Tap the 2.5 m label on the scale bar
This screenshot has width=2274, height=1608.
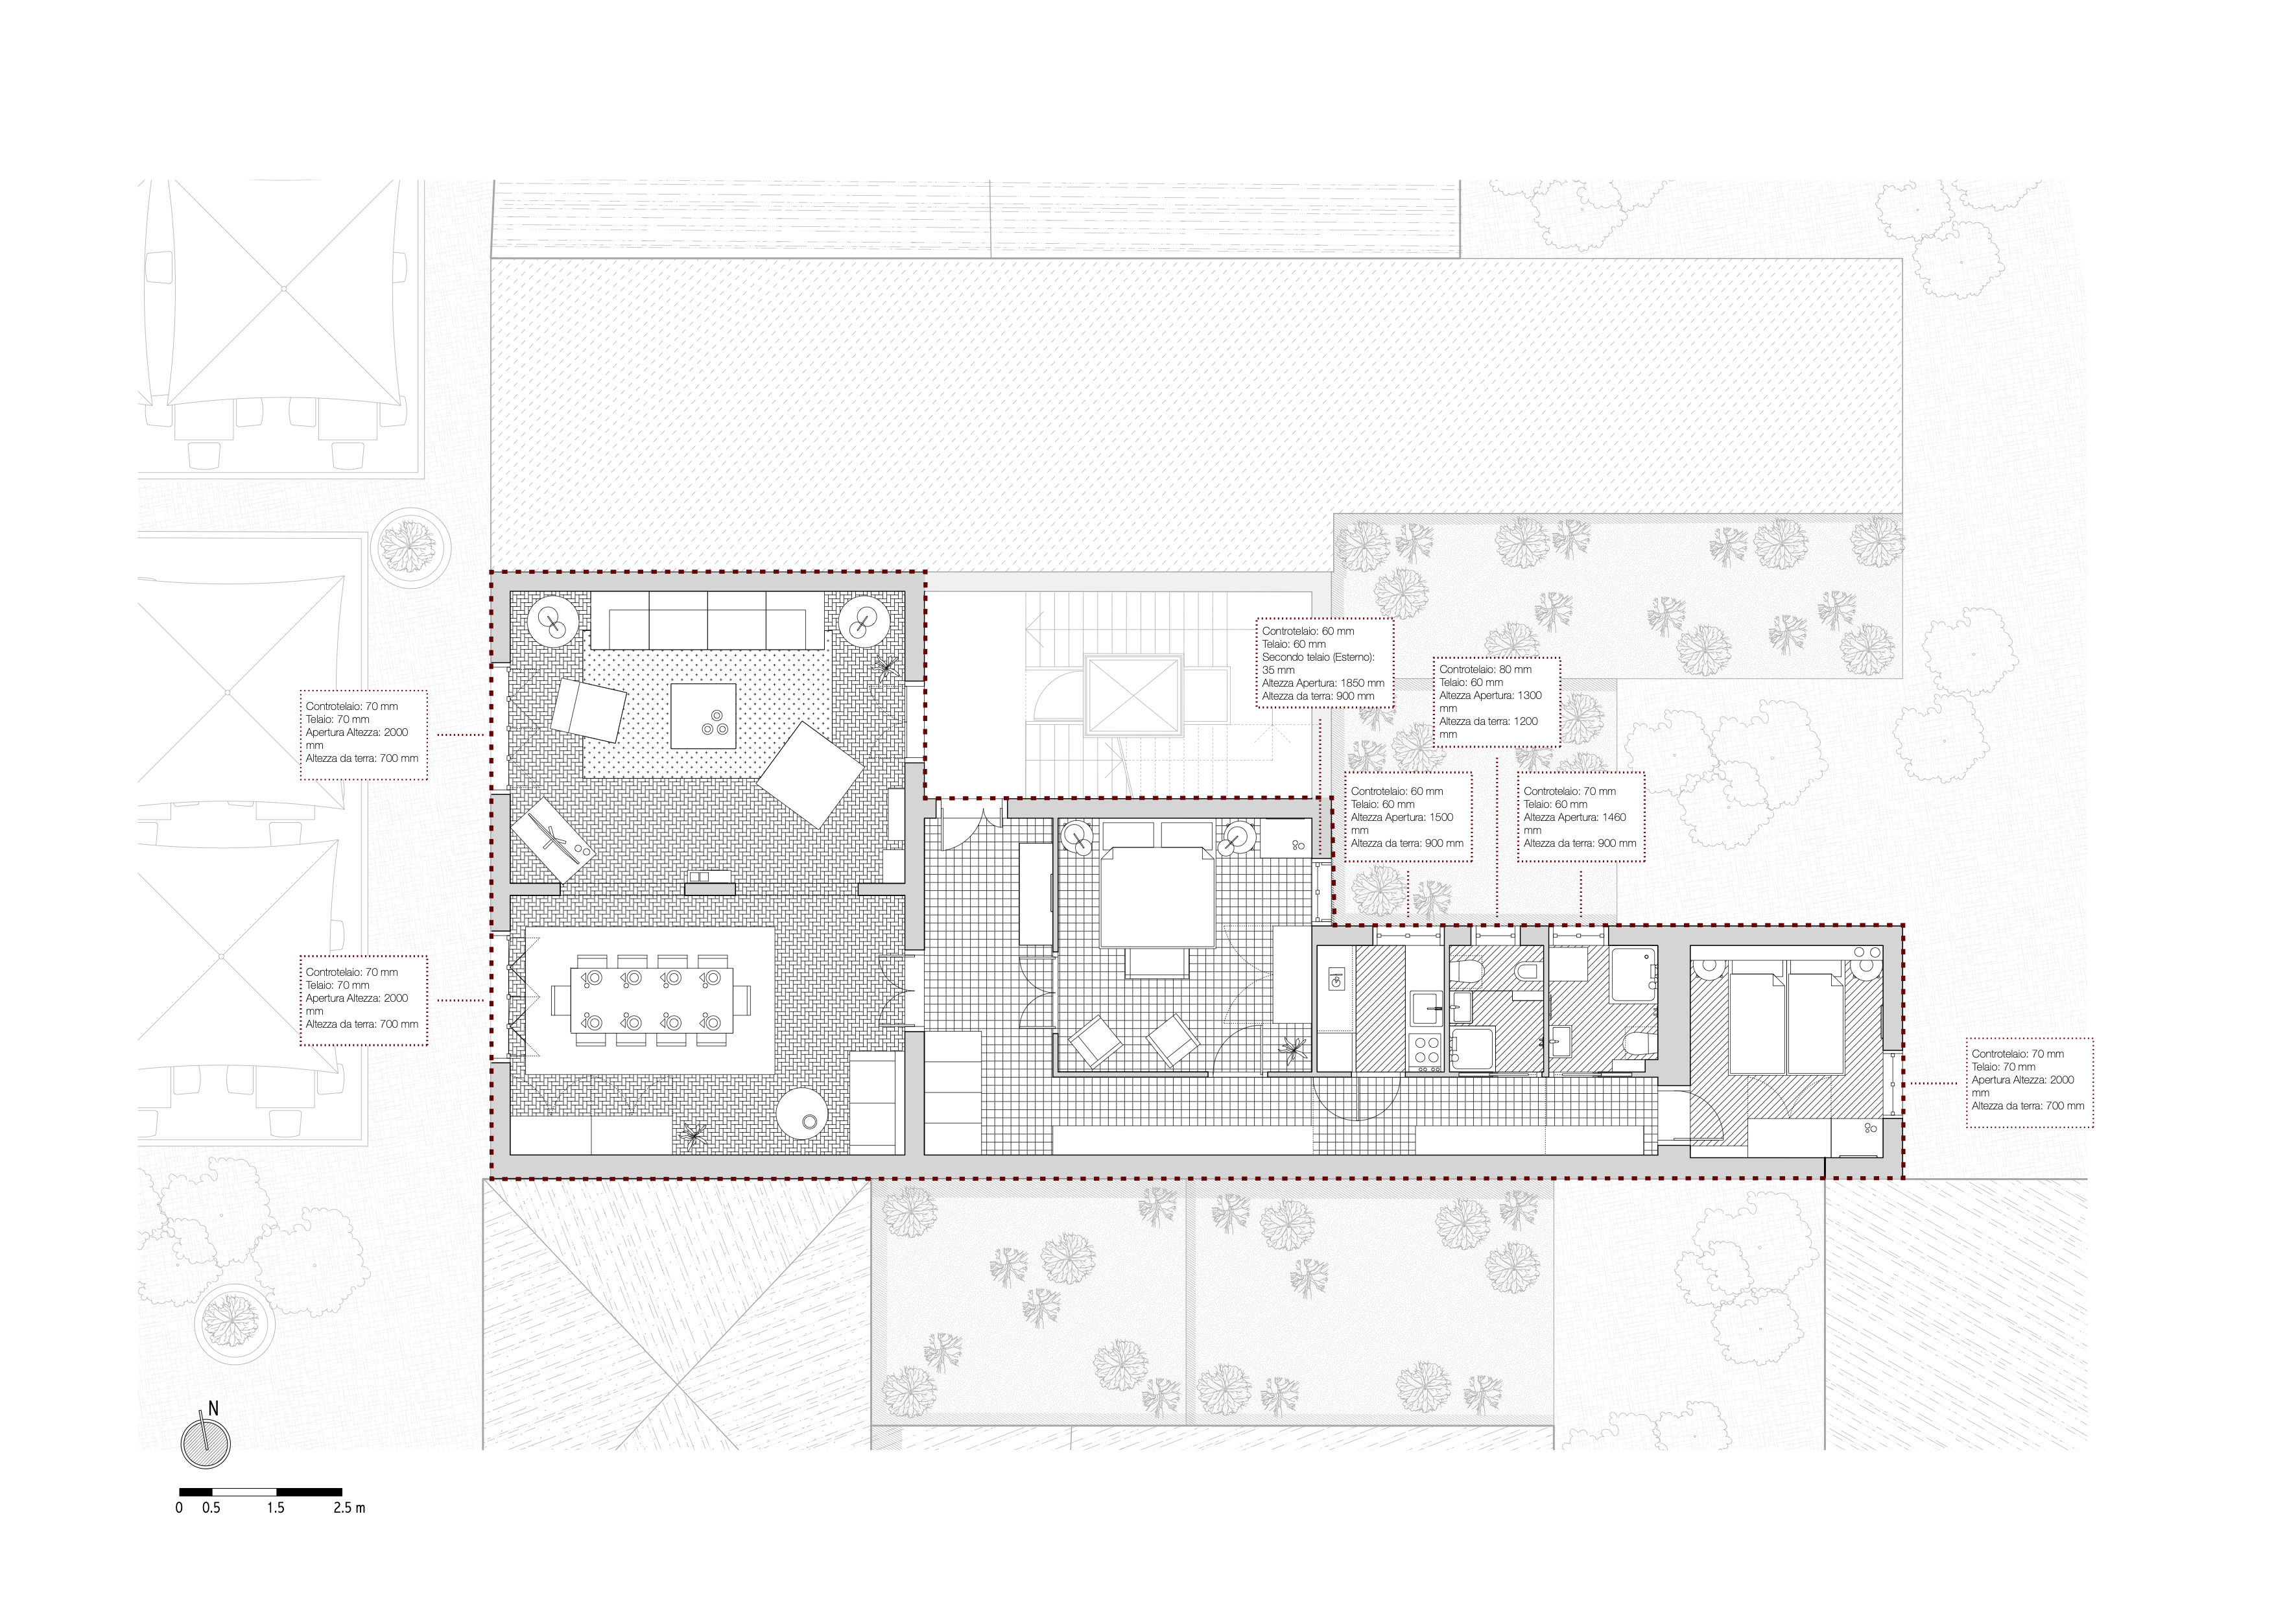click(x=349, y=1508)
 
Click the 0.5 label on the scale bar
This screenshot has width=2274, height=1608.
click(x=211, y=1508)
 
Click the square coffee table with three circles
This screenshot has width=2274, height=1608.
click(x=703, y=716)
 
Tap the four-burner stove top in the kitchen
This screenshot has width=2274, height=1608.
click(x=1427, y=1050)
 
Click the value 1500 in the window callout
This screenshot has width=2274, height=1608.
click(x=1442, y=818)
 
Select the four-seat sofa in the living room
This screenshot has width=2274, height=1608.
click(x=707, y=621)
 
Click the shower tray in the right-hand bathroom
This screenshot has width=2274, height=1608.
click(x=1634, y=975)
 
